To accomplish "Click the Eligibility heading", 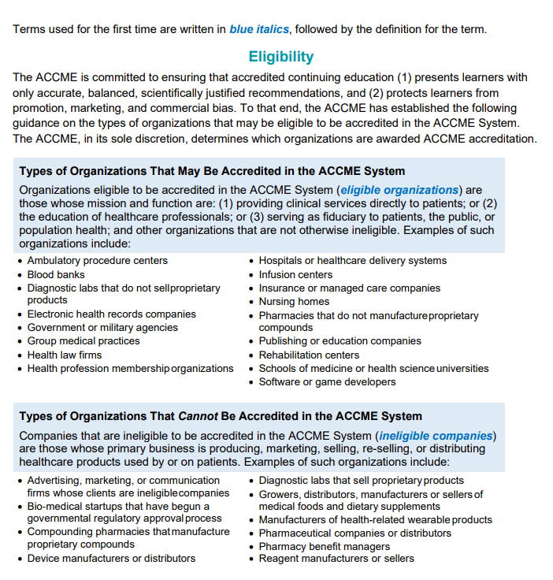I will [x=281, y=57].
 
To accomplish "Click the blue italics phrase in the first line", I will [x=259, y=30].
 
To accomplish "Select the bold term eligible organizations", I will [x=399, y=190].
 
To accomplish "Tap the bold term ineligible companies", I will [x=436, y=436].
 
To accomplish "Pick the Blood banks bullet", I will [x=56, y=274].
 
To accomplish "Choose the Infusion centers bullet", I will [x=295, y=274].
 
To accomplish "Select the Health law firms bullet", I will [x=64, y=355].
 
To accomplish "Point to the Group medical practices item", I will [x=84, y=341].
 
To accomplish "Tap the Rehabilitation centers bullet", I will [x=309, y=355].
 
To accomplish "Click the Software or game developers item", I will [x=327, y=381].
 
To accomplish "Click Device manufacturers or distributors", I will [x=111, y=559].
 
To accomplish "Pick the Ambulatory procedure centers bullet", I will [x=97, y=261].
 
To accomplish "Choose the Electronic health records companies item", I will [x=111, y=314].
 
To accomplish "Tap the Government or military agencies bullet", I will [x=102, y=327].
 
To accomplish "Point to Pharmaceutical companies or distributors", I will [x=354, y=533].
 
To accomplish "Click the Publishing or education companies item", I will [x=340, y=341].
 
